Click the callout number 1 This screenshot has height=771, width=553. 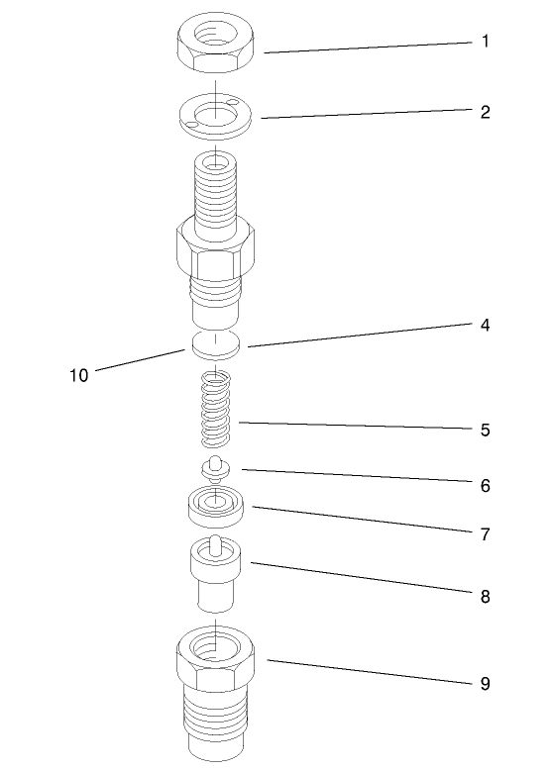coord(485,42)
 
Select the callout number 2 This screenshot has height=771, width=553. coord(485,111)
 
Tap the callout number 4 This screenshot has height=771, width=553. coord(485,325)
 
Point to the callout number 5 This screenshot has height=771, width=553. coord(485,431)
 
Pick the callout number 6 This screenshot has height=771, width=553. coord(485,486)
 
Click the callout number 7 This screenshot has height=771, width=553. coord(485,534)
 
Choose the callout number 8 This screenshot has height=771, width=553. coord(485,597)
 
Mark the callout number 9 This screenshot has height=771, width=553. coord(485,684)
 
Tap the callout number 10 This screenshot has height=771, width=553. coord(79,376)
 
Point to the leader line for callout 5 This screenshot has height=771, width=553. coord(357,427)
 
